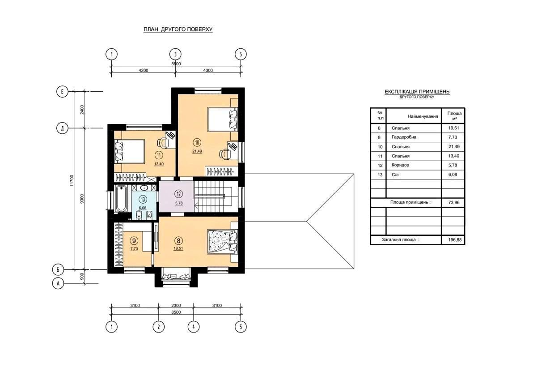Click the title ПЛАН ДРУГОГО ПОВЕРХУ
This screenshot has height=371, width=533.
(x=178, y=29)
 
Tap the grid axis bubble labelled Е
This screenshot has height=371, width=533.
(x=62, y=92)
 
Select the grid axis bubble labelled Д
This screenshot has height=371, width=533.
(x=62, y=128)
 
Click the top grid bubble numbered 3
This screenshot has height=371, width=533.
(x=175, y=54)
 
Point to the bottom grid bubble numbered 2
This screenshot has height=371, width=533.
(x=158, y=327)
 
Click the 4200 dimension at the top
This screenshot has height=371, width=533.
(x=143, y=70)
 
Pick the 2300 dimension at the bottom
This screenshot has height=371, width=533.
(x=176, y=305)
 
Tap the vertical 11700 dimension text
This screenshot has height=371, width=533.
(x=72, y=180)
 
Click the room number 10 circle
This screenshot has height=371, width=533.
(x=197, y=142)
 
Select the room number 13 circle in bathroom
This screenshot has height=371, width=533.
(x=143, y=199)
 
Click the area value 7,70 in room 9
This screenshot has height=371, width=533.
(x=134, y=249)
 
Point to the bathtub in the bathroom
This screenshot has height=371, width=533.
(x=121, y=199)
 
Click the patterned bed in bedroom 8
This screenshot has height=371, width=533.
(x=222, y=241)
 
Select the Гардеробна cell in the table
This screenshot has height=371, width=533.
(x=404, y=137)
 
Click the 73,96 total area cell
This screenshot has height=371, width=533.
(x=454, y=203)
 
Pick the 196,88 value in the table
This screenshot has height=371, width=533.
(x=455, y=240)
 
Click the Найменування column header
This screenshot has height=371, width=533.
(x=423, y=116)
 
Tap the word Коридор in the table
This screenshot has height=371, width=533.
(x=401, y=165)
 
